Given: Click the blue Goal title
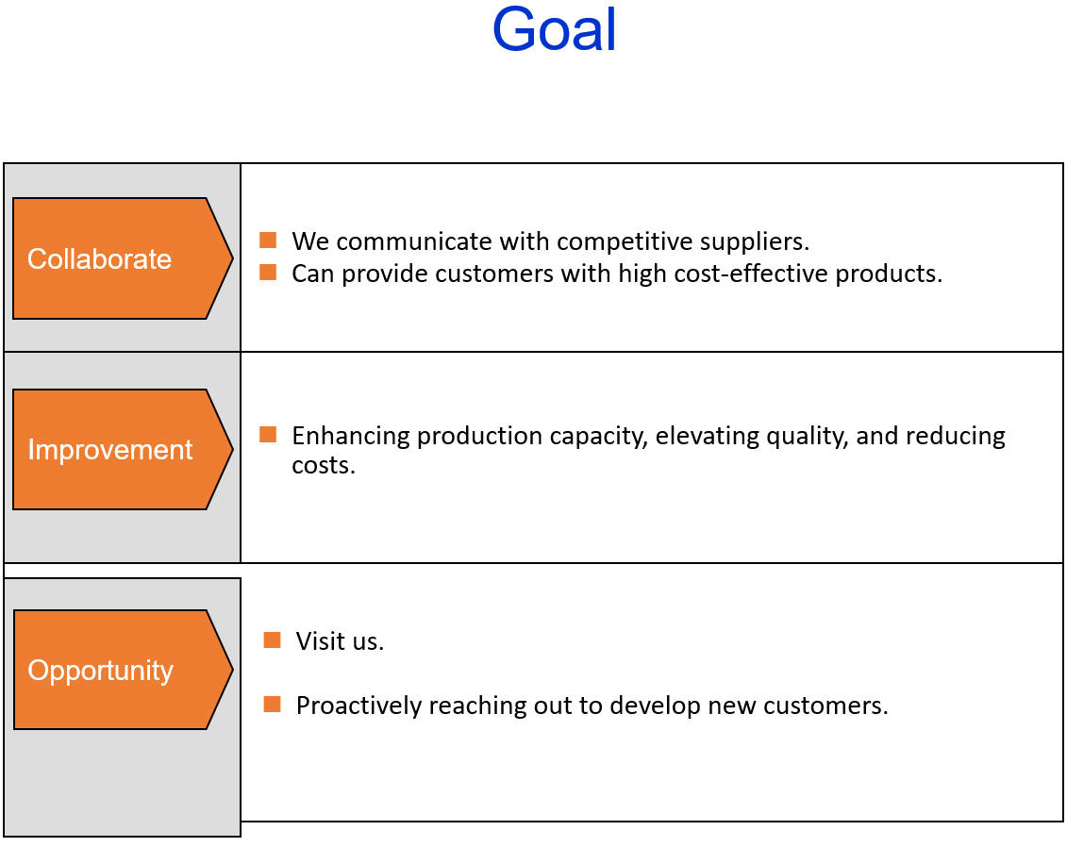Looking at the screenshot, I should (554, 30).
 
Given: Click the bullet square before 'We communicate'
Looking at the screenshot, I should (268, 241).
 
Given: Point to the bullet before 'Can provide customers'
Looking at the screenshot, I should (268, 273).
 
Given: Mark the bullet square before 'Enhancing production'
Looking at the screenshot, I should (268, 435).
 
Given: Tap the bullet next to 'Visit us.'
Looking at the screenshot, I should (272, 640).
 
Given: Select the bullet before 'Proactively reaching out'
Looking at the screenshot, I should (272, 705).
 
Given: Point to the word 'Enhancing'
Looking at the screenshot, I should (351, 436).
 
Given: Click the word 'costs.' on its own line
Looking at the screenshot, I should (324, 465).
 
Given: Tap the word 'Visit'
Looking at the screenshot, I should (317, 641).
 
